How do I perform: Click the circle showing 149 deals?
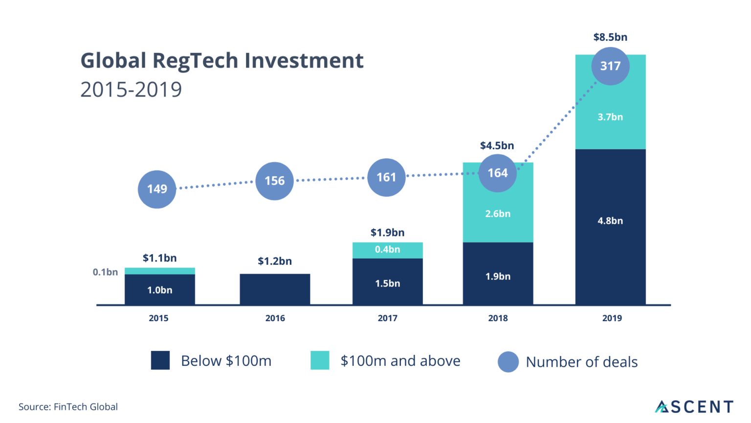pos(157,189)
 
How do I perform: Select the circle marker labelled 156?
pos(274,181)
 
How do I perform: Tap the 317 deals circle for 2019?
pos(610,66)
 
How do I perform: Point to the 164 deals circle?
pos(497,173)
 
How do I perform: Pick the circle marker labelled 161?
pos(386,177)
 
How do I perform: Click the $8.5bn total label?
pos(610,37)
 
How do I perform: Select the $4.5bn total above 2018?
pos(497,145)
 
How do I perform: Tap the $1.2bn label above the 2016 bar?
pos(275,261)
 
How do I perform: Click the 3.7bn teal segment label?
pos(610,117)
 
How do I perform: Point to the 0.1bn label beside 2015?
pos(105,272)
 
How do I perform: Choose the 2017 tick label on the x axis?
pos(387,318)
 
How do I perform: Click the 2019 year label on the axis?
pos(612,318)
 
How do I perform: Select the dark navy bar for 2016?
pos(275,289)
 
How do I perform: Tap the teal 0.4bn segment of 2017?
pos(387,250)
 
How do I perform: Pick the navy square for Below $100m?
pos(160,360)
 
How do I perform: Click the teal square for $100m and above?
pos(320,360)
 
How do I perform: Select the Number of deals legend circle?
pos(508,362)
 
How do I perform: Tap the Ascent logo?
pos(694,406)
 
